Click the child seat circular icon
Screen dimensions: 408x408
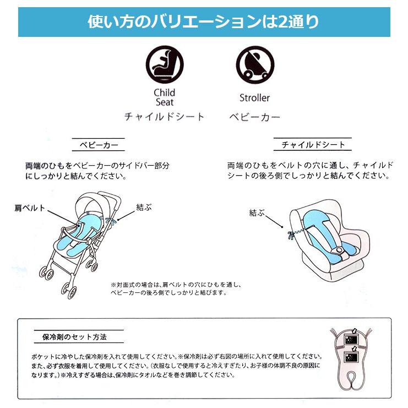point(165,65)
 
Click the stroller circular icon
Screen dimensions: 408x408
point(255,65)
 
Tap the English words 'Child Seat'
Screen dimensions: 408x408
point(165,97)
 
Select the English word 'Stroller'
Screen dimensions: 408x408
point(254,98)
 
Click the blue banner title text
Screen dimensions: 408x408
point(203,21)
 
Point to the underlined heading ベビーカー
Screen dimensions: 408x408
point(99,145)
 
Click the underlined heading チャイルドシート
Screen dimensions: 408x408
point(313,144)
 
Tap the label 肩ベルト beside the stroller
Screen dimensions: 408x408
point(30,208)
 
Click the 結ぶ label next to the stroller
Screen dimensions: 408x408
point(144,208)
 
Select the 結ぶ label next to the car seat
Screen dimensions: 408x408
point(257,213)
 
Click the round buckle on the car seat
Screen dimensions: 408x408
point(339,250)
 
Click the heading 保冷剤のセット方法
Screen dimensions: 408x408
point(74,337)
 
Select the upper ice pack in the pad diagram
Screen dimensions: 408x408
point(351,339)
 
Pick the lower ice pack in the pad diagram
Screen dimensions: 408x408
point(351,357)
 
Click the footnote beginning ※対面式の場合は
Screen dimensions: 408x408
point(176,289)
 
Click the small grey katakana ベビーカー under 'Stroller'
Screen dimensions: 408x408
point(254,117)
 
